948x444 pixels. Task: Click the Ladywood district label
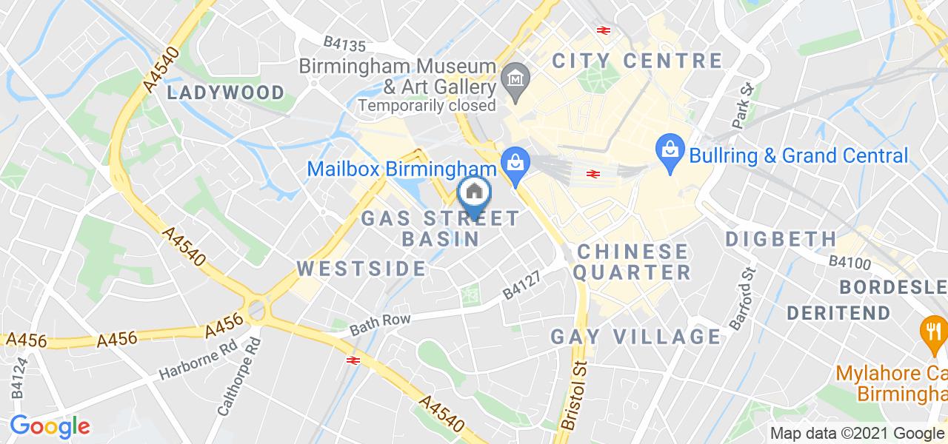(225, 92)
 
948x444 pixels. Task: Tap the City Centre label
(636, 61)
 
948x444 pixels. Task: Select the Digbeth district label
(781, 239)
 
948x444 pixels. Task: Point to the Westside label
(361, 269)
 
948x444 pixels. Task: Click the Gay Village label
(635, 337)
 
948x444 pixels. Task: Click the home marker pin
(475, 195)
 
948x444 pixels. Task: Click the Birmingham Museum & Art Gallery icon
(513, 76)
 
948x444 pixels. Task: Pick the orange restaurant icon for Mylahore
(930, 330)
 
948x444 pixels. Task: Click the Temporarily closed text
(427, 105)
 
